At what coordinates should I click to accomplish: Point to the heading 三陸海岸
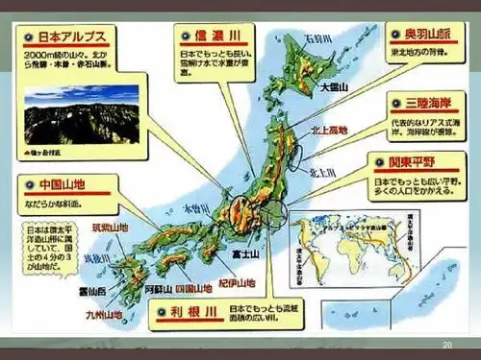421,99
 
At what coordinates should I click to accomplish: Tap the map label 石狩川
318,38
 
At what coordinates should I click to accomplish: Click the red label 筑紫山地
109,228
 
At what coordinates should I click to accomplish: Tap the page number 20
446,345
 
